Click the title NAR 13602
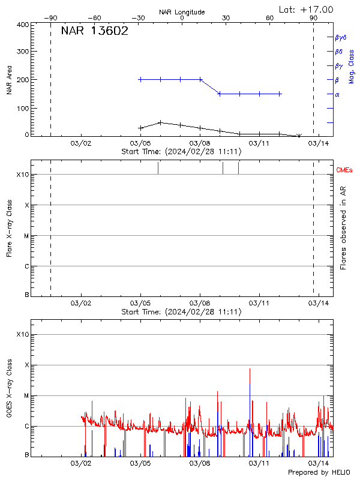94,31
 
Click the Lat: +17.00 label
306,10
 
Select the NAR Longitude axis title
182,12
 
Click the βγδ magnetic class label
340,37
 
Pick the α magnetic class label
337,94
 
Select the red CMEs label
344,170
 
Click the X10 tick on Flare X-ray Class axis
22,175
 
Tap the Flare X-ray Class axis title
9,228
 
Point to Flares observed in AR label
344,228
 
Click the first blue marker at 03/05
140,79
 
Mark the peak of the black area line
160,122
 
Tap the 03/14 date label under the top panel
318,144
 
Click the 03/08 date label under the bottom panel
199,463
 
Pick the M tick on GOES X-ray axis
26,396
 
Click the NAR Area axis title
9,80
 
